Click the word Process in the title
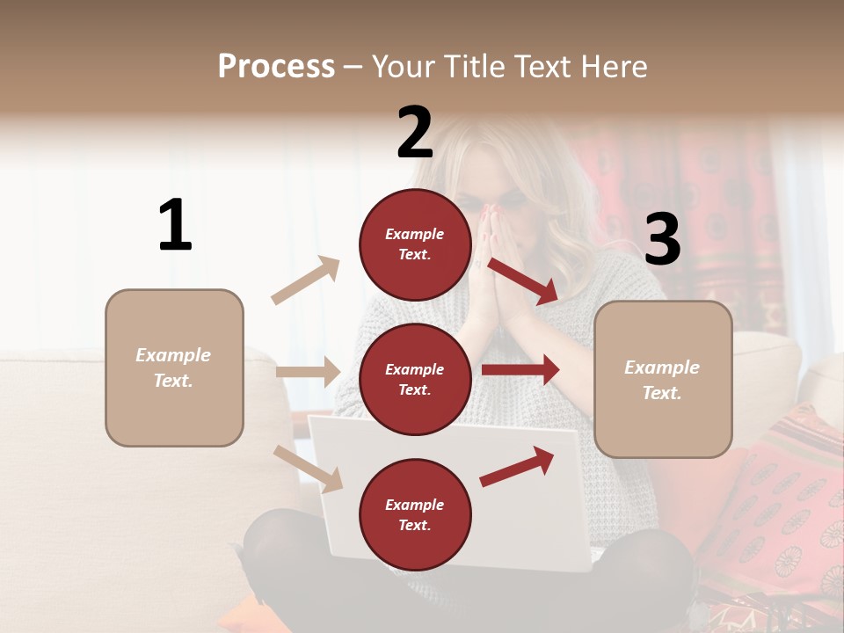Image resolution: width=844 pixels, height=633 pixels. [x=276, y=67]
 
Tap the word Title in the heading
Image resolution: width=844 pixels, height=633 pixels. [x=475, y=67]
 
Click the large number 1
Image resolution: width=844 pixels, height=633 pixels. [x=175, y=226]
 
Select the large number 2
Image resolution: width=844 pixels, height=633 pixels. [x=415, y=133]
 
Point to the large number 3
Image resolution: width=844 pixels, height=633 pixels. [x=662, y=239]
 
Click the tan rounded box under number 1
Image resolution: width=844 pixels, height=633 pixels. [x=174, y=367]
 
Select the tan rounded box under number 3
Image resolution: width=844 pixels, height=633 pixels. [x=663, y=379]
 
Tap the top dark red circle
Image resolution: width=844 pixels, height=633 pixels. [x=415, y=244]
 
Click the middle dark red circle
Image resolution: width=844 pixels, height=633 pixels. [x=415, y=379]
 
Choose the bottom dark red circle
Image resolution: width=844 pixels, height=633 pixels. [x=415, y=514]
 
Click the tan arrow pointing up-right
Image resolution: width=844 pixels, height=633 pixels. [x=305, y=280]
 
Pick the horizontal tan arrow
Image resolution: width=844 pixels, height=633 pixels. [x=308, y=372]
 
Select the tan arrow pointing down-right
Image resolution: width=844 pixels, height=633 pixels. [x=308, y=468]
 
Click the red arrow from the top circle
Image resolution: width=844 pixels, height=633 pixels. [x=523, y=280]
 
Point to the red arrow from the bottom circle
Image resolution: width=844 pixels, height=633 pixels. [x=517, y=466]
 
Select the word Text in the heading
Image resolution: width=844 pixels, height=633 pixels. [x=542, y=67]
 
